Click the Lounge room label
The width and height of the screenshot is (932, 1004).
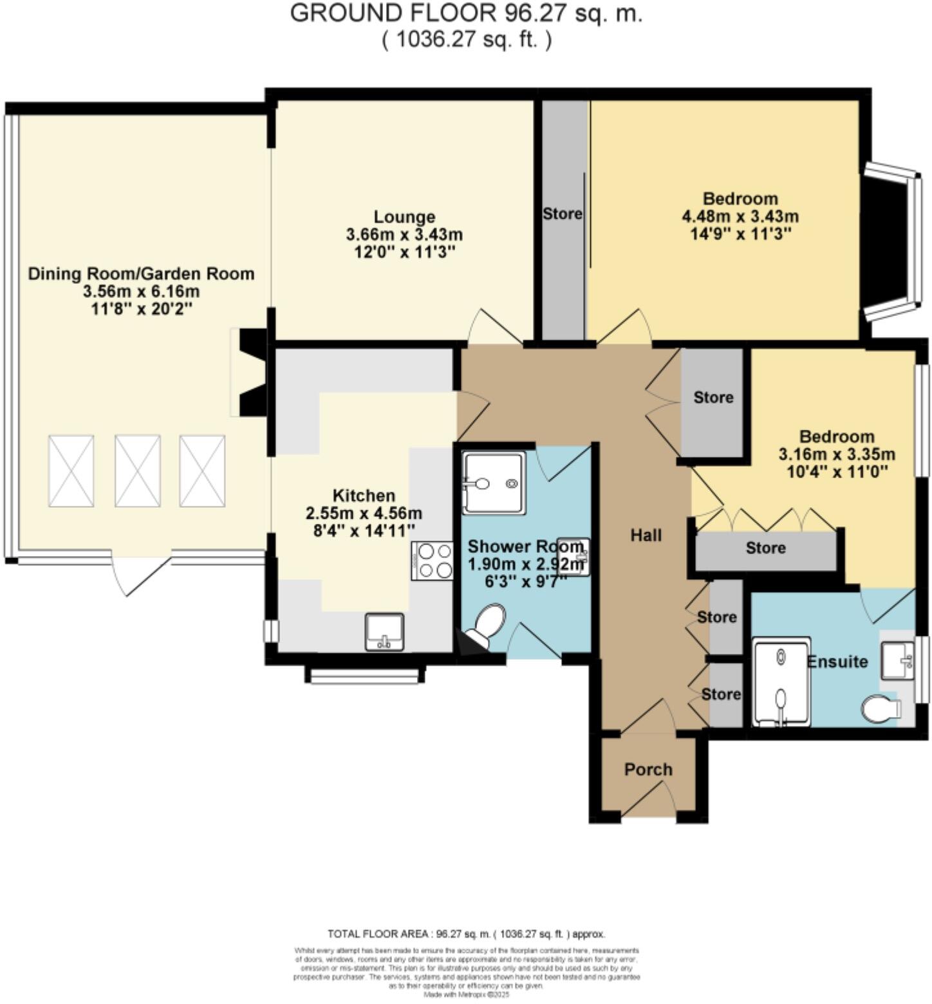(404, 217)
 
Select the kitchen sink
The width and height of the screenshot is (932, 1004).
(384, 632)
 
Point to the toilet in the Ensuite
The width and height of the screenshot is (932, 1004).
(881, 709)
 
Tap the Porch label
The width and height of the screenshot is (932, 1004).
(648, 770)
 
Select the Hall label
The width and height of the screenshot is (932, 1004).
(646, 535)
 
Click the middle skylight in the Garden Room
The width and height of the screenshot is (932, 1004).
(137, 470)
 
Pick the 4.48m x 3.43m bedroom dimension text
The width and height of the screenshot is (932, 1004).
(740, 216)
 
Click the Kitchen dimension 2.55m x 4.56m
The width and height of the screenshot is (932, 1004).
(364, 514)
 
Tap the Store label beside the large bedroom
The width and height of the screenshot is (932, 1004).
(562, 214)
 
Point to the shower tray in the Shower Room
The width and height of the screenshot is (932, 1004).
(494, 482)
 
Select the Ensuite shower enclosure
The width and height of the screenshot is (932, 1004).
(781, 682)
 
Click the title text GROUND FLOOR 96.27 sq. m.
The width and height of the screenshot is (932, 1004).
(466, 14)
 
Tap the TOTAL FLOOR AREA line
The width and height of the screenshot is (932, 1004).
(466, 934)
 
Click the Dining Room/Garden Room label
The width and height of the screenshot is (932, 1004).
(141, 274)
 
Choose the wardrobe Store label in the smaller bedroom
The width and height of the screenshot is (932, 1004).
(765, 548)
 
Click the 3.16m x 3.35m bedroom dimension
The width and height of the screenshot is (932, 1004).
(837, 454)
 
